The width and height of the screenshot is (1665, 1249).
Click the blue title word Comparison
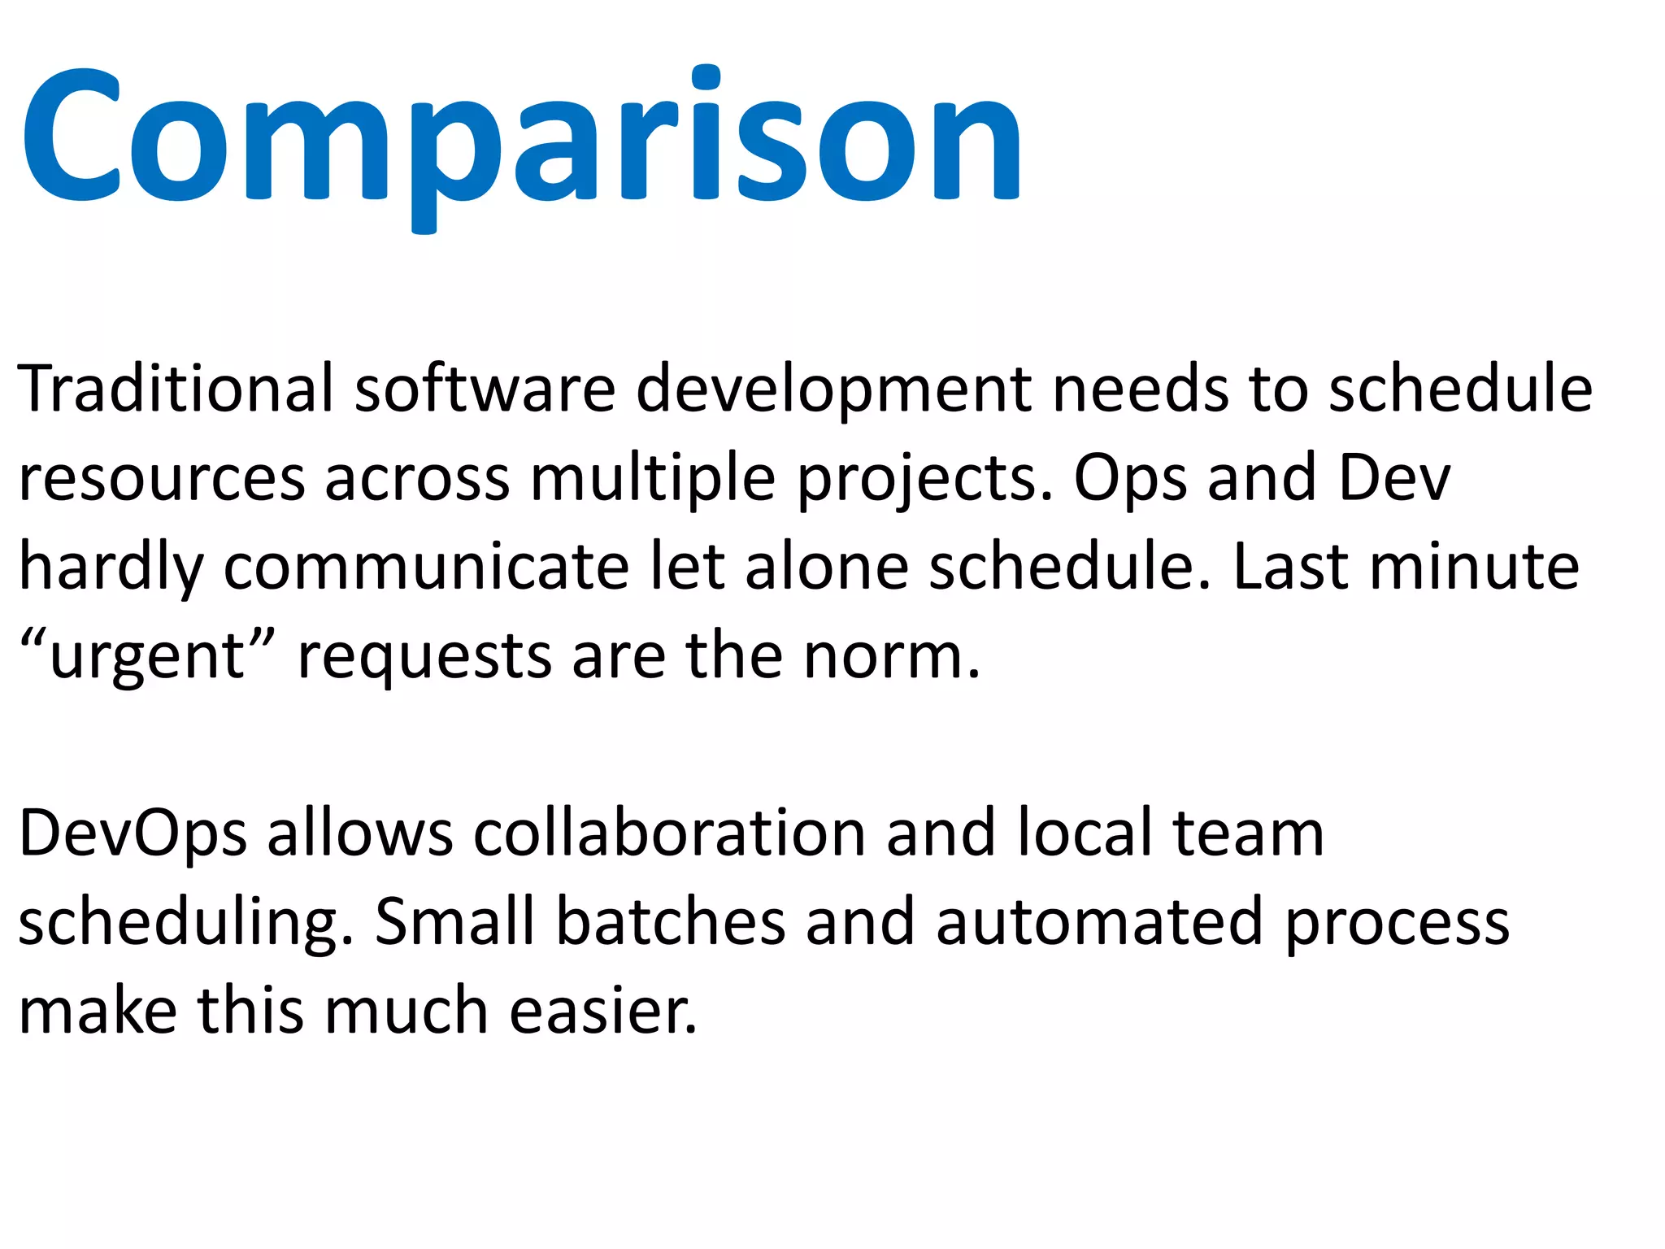tap(520, 138)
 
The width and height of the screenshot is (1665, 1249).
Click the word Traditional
tap(176, 389)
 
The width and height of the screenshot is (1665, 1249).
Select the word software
tap(485, 389)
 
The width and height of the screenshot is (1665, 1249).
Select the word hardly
tap(111, 568)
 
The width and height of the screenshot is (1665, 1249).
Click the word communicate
tap(426, 568)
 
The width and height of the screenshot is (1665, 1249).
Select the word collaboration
tap(670, 833)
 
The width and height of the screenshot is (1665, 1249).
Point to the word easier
tap(603, 1011)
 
